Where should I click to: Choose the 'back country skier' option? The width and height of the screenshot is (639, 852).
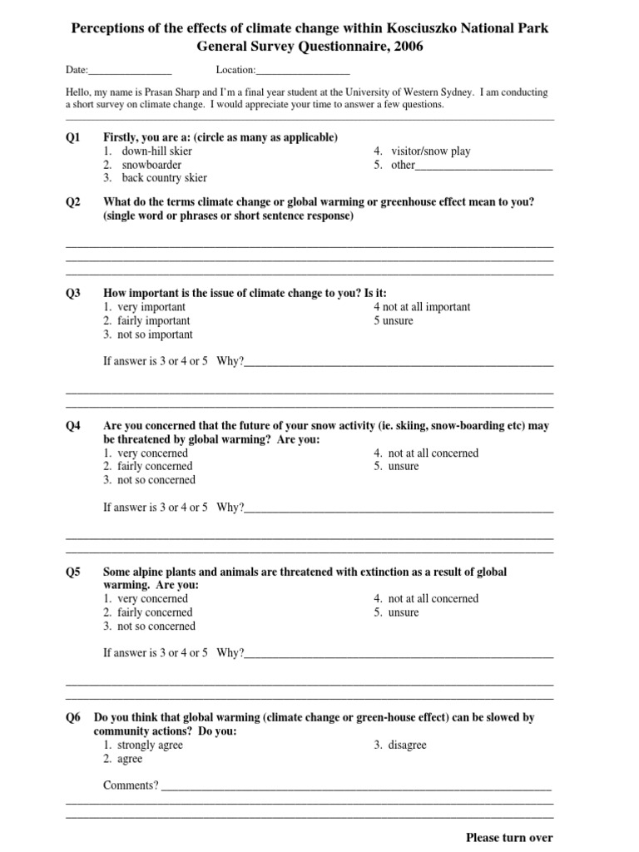163,178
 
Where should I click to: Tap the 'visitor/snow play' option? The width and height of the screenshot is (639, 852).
428,151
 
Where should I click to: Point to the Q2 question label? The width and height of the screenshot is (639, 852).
73,202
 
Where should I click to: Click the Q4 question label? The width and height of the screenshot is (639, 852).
73,426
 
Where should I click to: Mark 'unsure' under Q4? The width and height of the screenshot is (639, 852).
403,467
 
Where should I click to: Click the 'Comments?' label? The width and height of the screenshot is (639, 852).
131,785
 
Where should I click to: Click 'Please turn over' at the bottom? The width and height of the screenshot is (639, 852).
508,838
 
